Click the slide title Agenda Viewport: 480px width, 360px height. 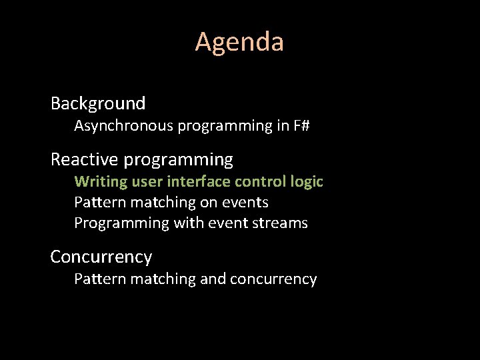(x=239, y=42)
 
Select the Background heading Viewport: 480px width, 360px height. (x=98, y=103)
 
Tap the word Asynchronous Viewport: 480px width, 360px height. (x=123, y=125)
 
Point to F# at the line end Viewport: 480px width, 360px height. (x=301, y=125)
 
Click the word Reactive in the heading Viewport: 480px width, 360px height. (x=84, y=160)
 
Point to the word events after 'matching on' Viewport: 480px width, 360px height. (x=246, y=202)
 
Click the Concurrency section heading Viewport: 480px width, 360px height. (x=101, y=257)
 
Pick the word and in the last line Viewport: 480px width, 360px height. (x=213, y=279)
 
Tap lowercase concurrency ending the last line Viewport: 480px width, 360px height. (x=273, y=279)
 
